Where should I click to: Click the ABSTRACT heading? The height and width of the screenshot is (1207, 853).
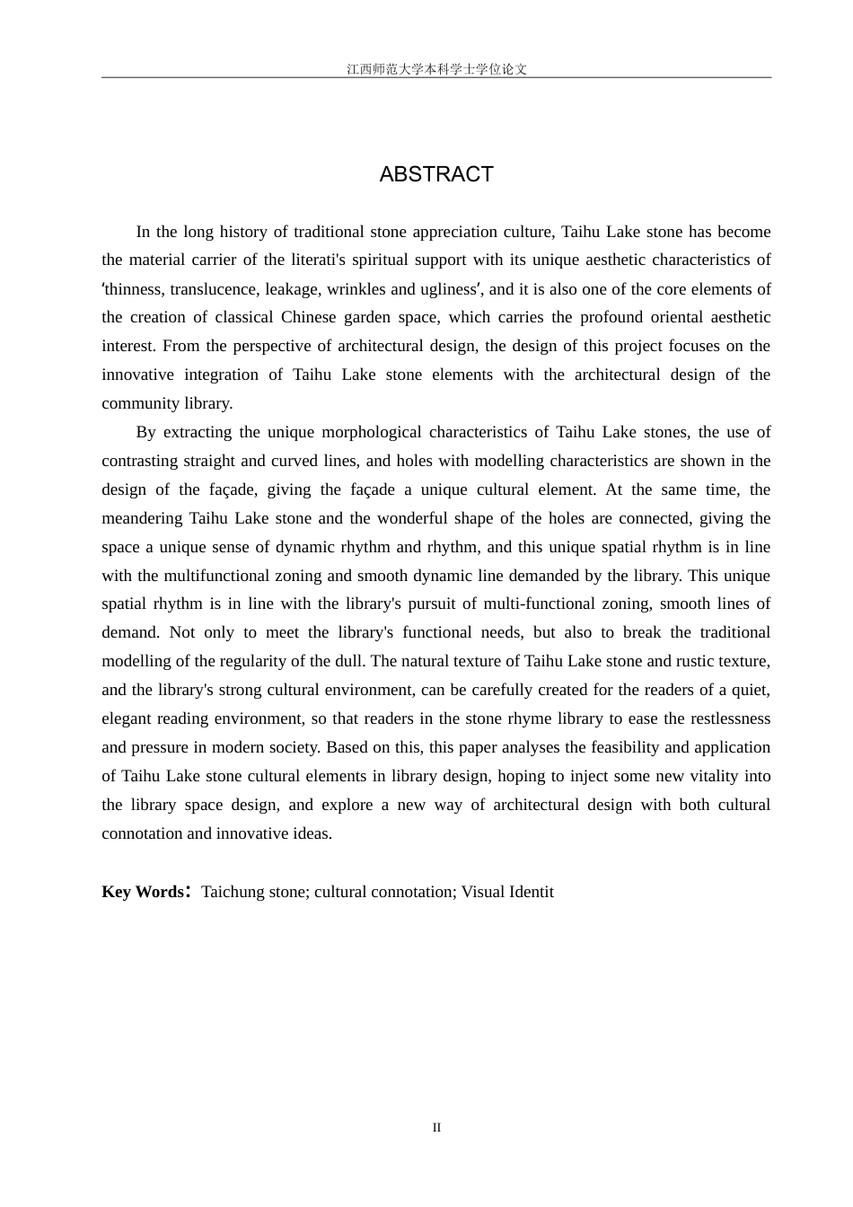pos(436,174)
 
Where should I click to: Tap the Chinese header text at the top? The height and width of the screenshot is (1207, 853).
pos(436,69)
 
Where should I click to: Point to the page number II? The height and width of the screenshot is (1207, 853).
pos(436,1128)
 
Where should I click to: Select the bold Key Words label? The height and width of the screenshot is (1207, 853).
pos(144,892)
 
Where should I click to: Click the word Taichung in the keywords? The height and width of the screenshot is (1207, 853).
pos(233,892)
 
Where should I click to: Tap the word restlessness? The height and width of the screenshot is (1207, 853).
pos(729,718)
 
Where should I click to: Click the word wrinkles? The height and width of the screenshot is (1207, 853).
pos(356,289)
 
